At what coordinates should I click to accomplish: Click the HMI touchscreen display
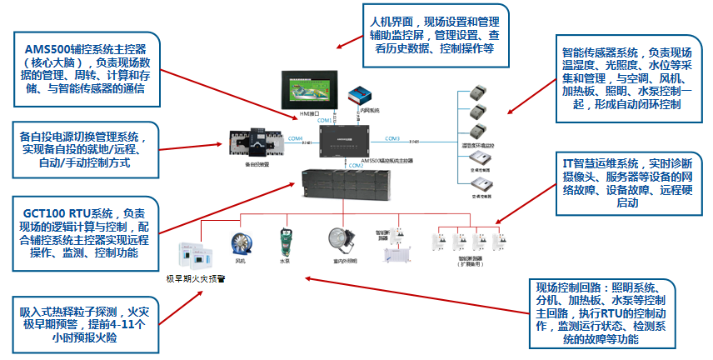pos(311,89)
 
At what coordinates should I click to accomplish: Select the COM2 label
pos(356,166)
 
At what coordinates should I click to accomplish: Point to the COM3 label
pos(392,138)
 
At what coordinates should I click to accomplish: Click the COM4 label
pos(296,138)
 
